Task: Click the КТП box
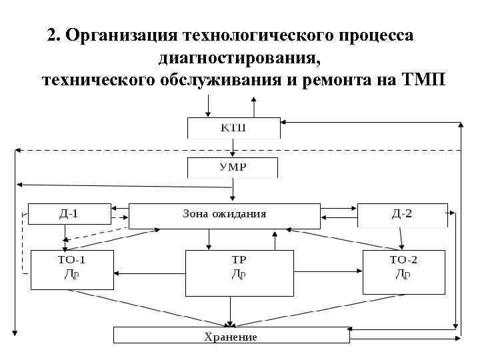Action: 233,127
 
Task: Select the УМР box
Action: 233,167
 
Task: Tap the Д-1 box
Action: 68,213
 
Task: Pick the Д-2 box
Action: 401,213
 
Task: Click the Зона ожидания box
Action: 224,215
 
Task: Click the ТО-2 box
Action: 403,270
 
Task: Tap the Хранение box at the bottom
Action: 231,335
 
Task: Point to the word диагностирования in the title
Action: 239,59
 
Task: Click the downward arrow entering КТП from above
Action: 209,105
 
